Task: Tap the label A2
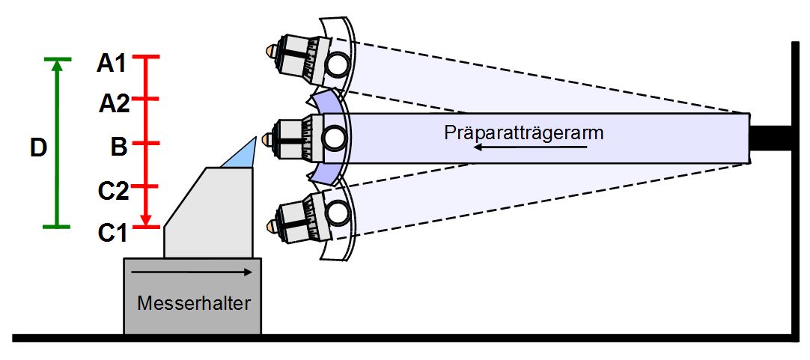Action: (x=115, y=105)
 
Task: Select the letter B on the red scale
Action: (x=119, y=147)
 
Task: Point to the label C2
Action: (x=113, y=191)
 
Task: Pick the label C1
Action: (x=113, y=234)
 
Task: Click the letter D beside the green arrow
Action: (x=38, y=148)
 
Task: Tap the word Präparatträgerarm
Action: (x=524, y=132)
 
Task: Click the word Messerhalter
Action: (x=194, y=302)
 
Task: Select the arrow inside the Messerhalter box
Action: (x=192, y=272)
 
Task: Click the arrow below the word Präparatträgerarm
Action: (x=531, y=147)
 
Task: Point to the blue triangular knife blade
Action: (x=241, y=153)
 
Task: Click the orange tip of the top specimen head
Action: (x=270, y=51)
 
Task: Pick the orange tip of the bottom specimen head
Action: (x=270, y=225)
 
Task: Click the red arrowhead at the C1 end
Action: (x=145, y=221)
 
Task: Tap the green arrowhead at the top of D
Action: (x=57, y=65)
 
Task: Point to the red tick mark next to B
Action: (x=145, y=142)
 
